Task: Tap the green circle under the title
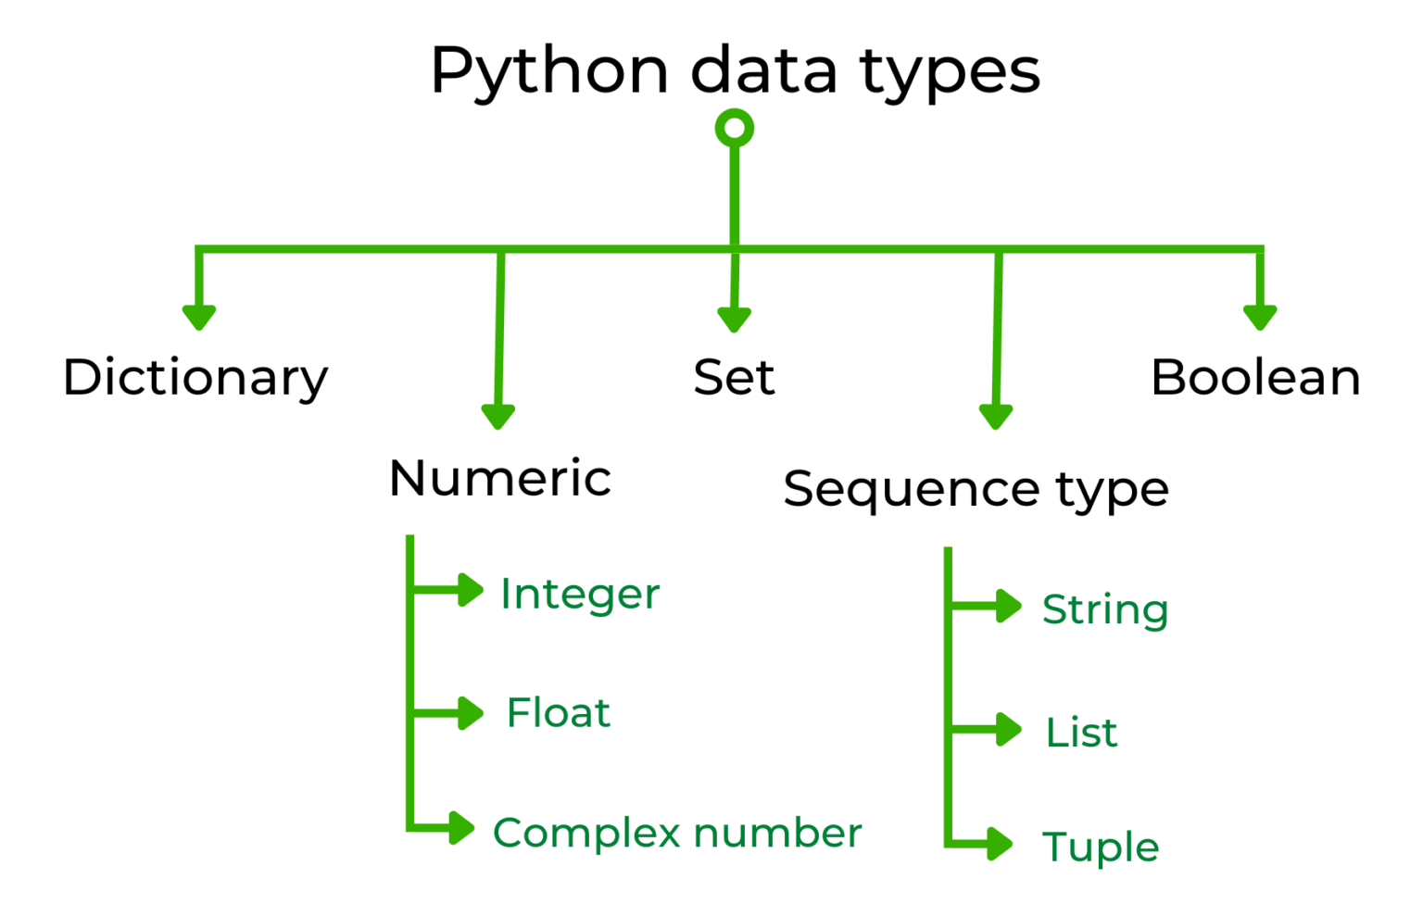click(x=735, y=129)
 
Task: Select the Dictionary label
click(x=195, y=378)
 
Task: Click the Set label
click(x=734, y=378)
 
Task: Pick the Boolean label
click(x=1255, y=378)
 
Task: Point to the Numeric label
click(x=500, y=479)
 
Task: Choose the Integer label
click(x=580, y=594)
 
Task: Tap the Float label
click(x=559, y=713)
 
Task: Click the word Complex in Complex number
click(x=587, y=834)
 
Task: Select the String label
click(x=1105, y=610)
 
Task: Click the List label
click(x=1081, y=733)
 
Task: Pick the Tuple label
click(x=1101, y=847)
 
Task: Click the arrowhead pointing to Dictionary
click(x=199, y=317)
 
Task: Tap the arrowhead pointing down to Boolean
click(x=1260, y=317)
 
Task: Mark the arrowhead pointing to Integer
click(x=469, y=590)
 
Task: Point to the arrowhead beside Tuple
click(x=999, y=844)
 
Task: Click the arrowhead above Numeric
click(x=498, y=416)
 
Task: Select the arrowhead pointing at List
click(x=1007, y=730)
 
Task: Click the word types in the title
click(x=951, y=72)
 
